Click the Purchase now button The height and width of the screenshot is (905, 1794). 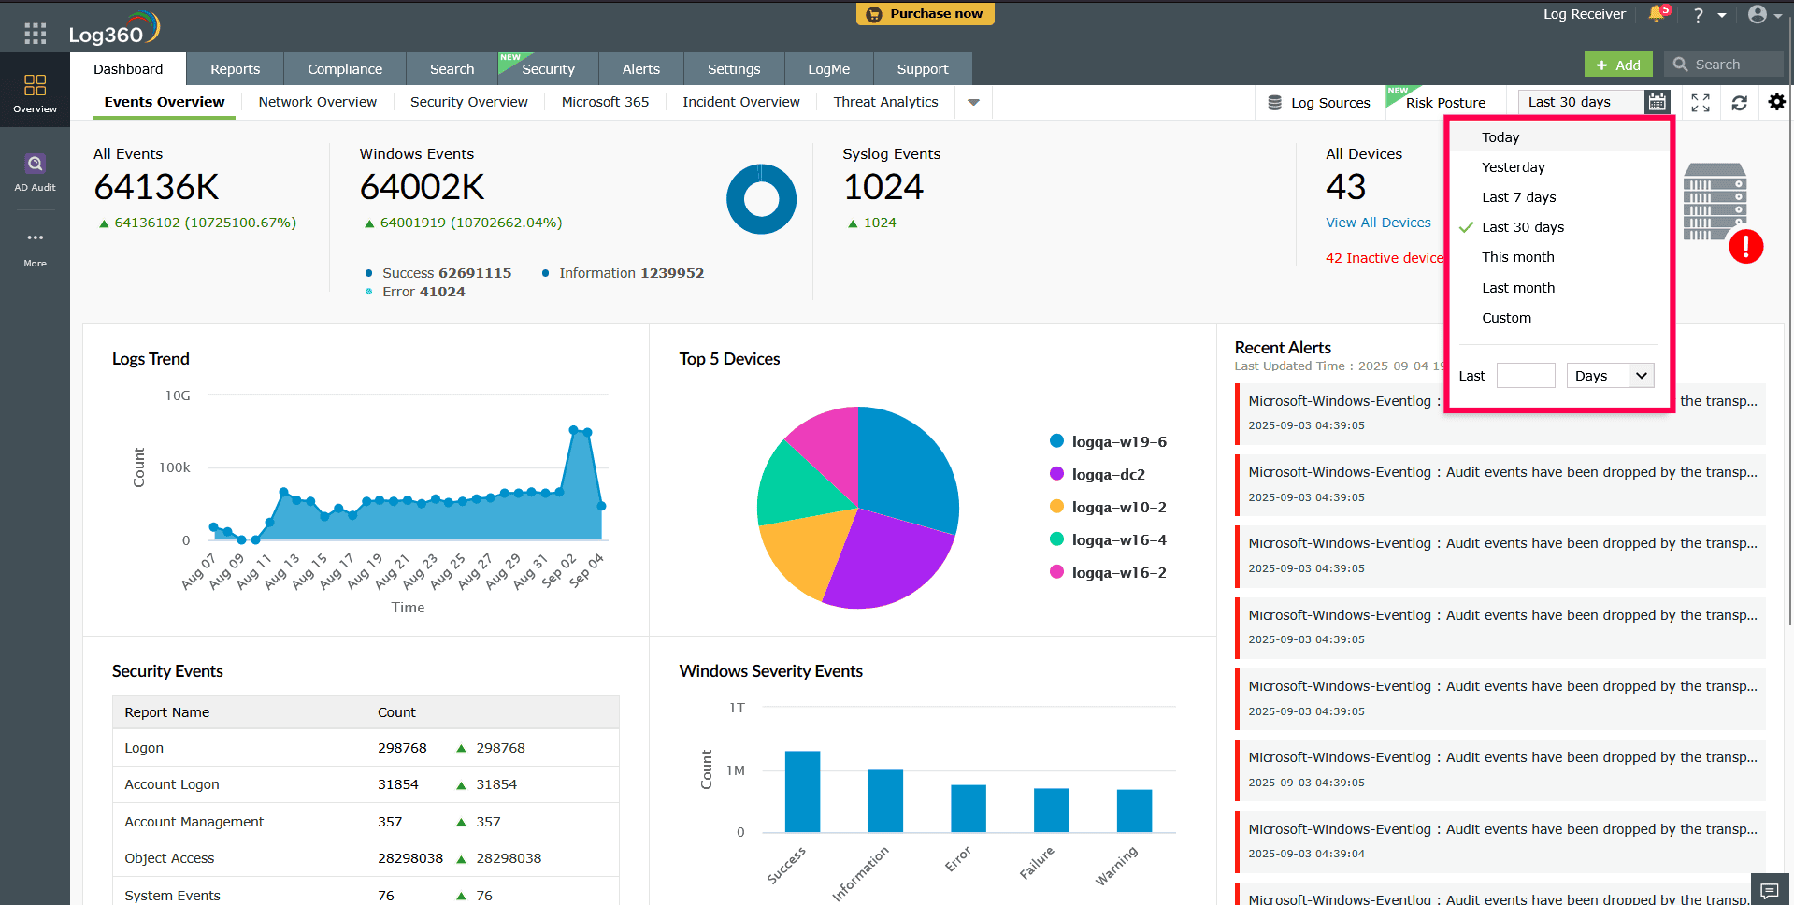[x=925, y=14]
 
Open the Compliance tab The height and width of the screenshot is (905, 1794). [x=345, y=69]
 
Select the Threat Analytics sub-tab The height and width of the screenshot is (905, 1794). [x=885, y=102]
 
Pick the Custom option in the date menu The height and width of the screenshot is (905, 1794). [x=1506, y=318]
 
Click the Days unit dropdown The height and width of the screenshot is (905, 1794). [x=1610, y=376]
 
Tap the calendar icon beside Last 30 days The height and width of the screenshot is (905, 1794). [x=1657, y=102]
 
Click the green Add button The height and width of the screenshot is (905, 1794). [x=1618, y=65]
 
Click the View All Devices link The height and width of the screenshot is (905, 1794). [x=1378, y=223]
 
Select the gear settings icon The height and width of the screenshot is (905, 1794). [x=1776, y=102]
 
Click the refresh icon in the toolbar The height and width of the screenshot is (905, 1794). [x=1739, y=103]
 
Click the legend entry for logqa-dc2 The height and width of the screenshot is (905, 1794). [x=1108, y=475]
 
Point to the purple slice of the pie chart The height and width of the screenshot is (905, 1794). [x=883, y=561]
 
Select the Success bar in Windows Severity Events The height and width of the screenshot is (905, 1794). [x=802, y=791]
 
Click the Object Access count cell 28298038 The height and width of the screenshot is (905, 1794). [x=409, y=858]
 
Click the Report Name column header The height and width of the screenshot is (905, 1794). [x=167, y=712]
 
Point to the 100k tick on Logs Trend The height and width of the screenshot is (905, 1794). [x=175, y=467]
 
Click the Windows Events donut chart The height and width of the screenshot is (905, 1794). [x=761, y=199]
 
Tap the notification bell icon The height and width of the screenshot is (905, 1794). [x=1656, y=14]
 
